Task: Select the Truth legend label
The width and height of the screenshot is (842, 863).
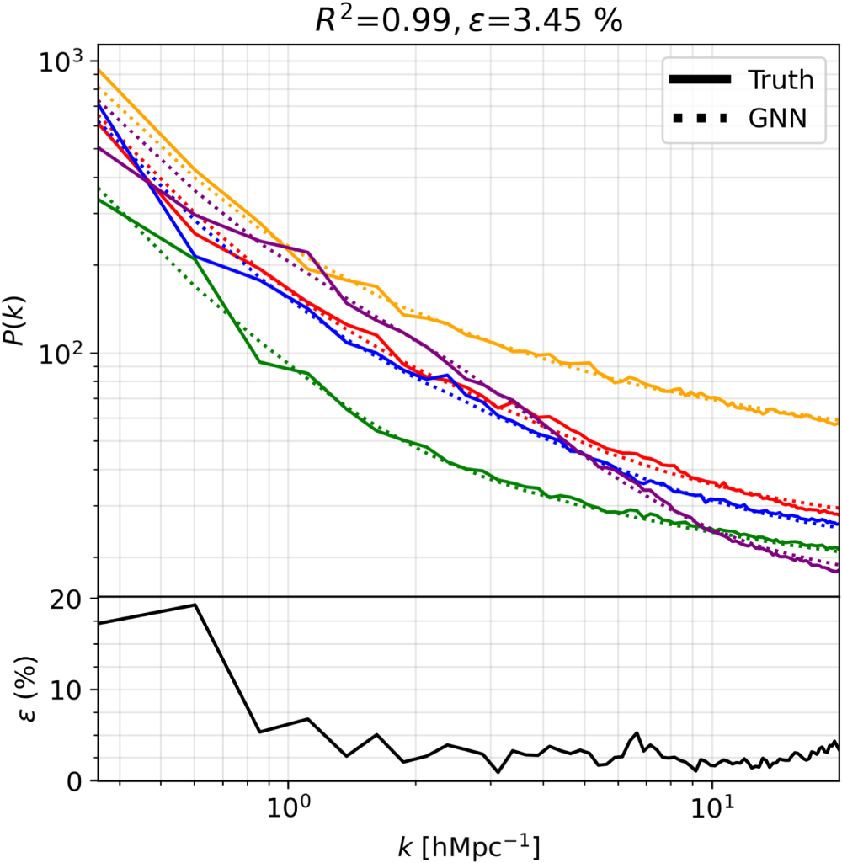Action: point(781,80)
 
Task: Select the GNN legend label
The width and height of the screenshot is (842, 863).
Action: point(777,119)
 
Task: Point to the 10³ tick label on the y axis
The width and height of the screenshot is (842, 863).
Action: point(62,61)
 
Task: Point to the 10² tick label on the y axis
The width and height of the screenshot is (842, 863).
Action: point(62,353)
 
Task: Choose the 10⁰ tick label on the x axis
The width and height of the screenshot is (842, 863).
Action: point(289,809)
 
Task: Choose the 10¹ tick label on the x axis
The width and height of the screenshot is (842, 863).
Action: point(712,809)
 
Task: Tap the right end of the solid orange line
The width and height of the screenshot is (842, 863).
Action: point(838,423)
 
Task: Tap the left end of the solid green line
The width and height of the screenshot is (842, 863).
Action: point(99,200)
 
